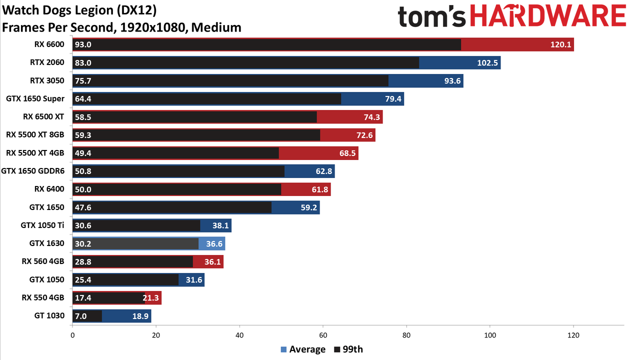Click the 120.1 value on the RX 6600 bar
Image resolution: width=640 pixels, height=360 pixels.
560,44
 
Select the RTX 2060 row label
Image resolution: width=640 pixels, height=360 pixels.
47,62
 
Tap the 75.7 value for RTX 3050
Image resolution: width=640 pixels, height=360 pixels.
83,81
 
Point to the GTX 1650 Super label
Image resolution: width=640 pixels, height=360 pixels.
35,98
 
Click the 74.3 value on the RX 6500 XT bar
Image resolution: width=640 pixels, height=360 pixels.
371,117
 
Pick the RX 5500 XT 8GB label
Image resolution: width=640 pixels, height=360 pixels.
35,134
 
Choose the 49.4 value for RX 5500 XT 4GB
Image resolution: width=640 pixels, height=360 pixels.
83,153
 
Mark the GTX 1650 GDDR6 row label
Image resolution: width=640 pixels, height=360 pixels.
33,171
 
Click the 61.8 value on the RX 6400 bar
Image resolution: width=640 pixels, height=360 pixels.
320,189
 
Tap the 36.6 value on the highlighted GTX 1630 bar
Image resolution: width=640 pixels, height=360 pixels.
214,243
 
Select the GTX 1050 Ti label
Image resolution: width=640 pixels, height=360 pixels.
42,225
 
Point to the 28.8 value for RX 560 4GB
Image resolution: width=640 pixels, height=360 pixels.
83,261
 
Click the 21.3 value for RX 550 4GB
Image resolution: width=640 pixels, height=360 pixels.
151,298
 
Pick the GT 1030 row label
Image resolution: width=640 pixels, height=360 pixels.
49,315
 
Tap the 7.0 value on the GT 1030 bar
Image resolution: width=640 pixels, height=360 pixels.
80,316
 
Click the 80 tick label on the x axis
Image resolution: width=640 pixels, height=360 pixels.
406,335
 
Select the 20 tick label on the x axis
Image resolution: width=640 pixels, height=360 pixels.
156,335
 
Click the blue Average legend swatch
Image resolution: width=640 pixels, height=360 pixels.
283,349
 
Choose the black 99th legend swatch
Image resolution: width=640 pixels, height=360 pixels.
337,349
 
